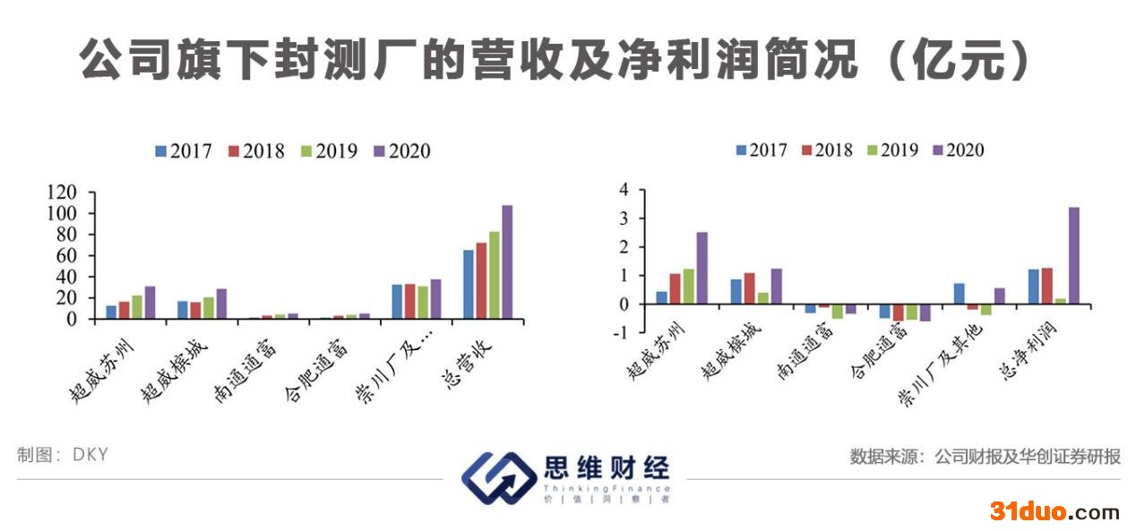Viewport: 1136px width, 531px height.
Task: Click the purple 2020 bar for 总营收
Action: (x=507, y=262)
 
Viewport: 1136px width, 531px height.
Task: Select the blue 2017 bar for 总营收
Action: (x=468, y=284)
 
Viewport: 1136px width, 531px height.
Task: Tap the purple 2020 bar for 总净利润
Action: (x=1074, y=255)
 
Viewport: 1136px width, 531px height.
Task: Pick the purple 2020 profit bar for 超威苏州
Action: (x=701, y=268)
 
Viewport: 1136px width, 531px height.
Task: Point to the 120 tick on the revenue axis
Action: (x=61, y=192)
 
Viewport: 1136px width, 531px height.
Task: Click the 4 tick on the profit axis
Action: (x=624, y=190)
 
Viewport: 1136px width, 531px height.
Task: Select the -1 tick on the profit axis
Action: (x=621, y=333)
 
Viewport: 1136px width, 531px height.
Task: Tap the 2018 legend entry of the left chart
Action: (x=256, y=151)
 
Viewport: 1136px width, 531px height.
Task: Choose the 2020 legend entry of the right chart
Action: (x=959, y=150)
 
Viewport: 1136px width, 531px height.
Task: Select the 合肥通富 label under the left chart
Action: (x=317, y=371)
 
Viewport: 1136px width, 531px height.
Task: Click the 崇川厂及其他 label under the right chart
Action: (x=940, y=365)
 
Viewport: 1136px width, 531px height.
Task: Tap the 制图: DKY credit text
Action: (x=63, y=455)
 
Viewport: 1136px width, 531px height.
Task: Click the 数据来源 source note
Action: (x=985, y=457)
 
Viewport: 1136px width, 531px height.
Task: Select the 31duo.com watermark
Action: (x=1054, y=510)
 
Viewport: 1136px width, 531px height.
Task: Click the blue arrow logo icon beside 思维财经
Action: (x=498, y=478)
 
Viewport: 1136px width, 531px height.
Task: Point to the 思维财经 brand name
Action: (x=607, y=467)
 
